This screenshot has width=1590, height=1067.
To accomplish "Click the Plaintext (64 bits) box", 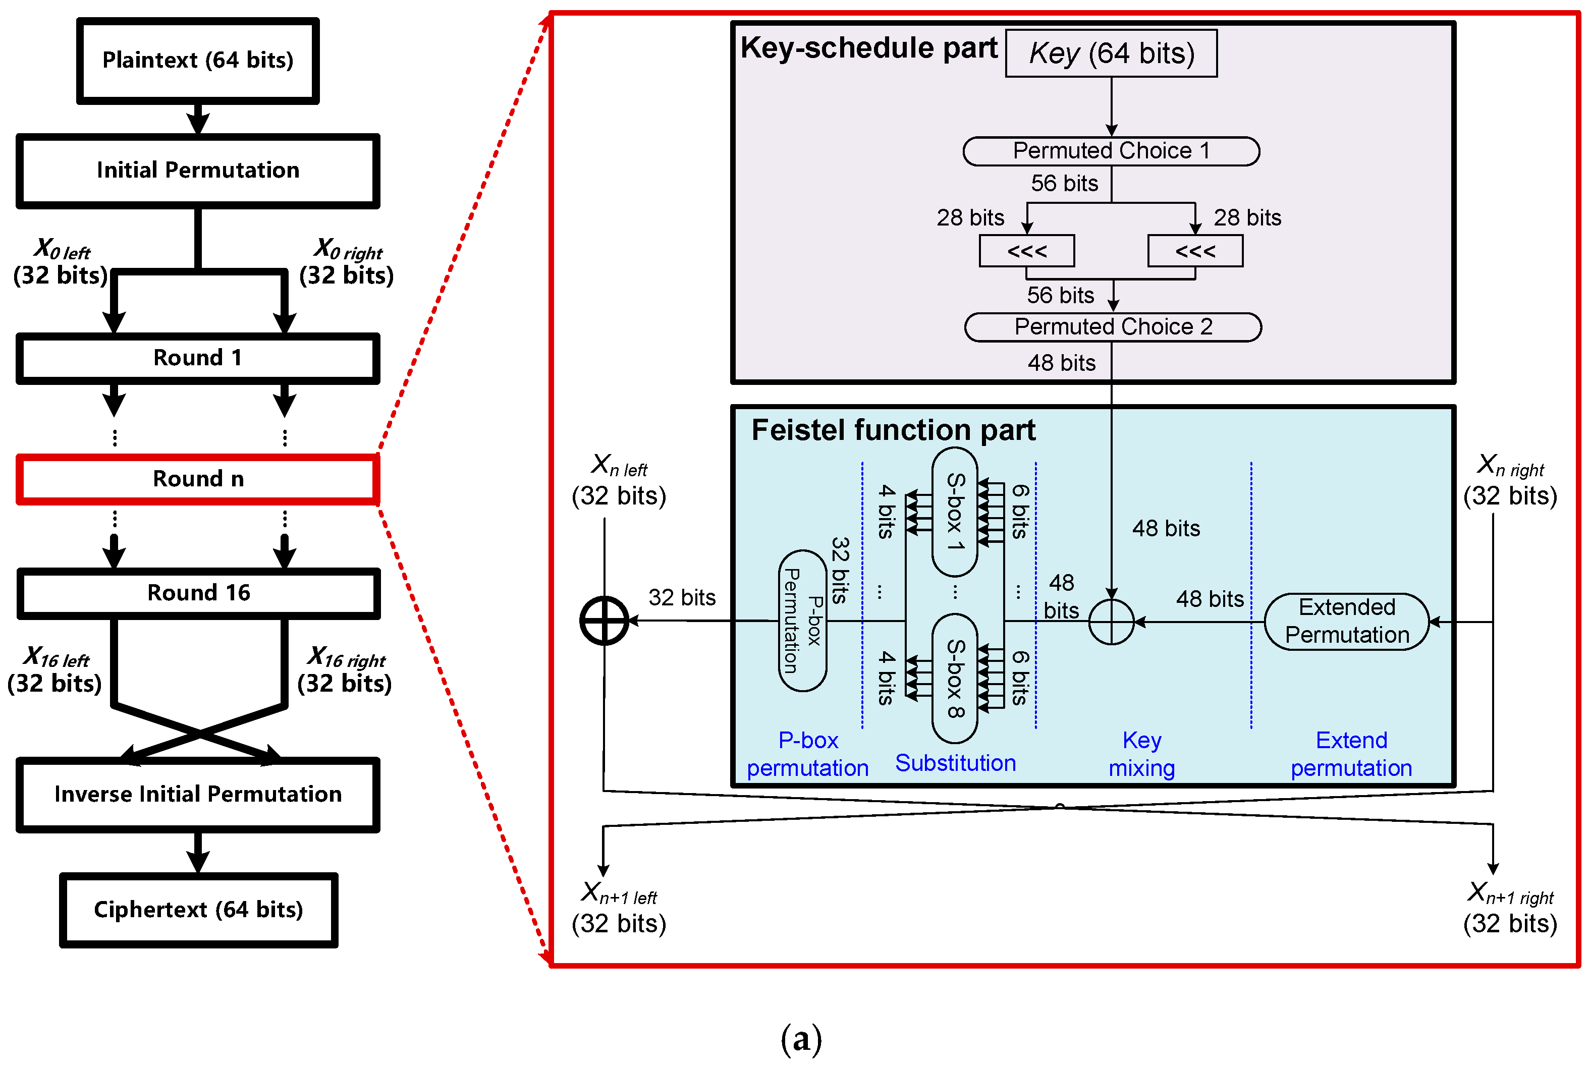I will pyautogui.click(x=197, y=61).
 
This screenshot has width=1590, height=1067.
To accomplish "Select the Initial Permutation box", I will pyautogui.click(x=197, y=170).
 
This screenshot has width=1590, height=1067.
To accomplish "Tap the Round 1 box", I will pyautogui.click(x=197, y=358).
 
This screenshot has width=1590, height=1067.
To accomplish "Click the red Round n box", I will pyautogui.click(x=197, y=479).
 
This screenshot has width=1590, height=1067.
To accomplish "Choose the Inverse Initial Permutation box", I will pyautogui.click(x=197, y=794).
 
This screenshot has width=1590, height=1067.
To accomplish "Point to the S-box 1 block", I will pyautogui.click(x=954, y=512).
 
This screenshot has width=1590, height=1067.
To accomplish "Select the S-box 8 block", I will pyautogui.click(x=954, y=679).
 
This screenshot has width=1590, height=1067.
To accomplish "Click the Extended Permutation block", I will pyautogui.click(x=1346, y=622).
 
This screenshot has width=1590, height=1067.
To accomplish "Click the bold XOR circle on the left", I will pyautogui.click(x=604, y=621).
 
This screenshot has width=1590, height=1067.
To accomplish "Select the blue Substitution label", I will pyautogui.click(x=955, y=763).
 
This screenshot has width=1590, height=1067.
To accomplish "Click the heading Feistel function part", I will pyautogui.click(x=893, y=430).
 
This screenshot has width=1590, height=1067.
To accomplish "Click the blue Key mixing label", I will pyautogui.click(x=1141, y=754).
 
